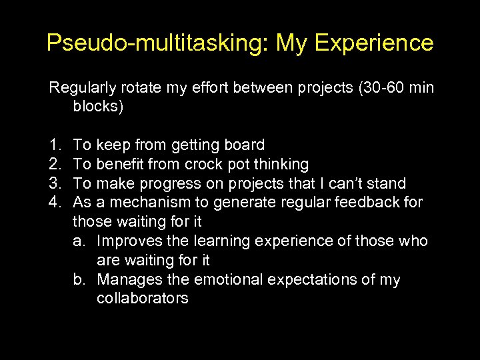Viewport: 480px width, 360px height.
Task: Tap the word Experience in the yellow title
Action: pyautogui.click(x=374, y=43)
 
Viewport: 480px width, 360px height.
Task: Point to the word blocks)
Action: pyautogui.click(x=98, y=107)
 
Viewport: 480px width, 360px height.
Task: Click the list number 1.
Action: pyautogui.click(x=53, y=145)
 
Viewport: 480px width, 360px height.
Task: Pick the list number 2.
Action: pyautogui.click(x=53, y=164)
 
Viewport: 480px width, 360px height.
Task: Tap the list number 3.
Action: pyautogui.click(x=53, y=183)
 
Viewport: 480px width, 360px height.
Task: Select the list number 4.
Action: pyautogui.click(x=53, y=203)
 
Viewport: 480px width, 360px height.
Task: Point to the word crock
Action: pyautogui.click(x=205, y=164)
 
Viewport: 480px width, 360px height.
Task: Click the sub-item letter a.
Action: pyautogui.click(x=79, y=241)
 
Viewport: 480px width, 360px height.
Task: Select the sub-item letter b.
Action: pyautogui.click(x=79, y=279)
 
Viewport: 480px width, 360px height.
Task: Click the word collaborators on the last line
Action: pyautogui.click(x=142, y=299)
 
